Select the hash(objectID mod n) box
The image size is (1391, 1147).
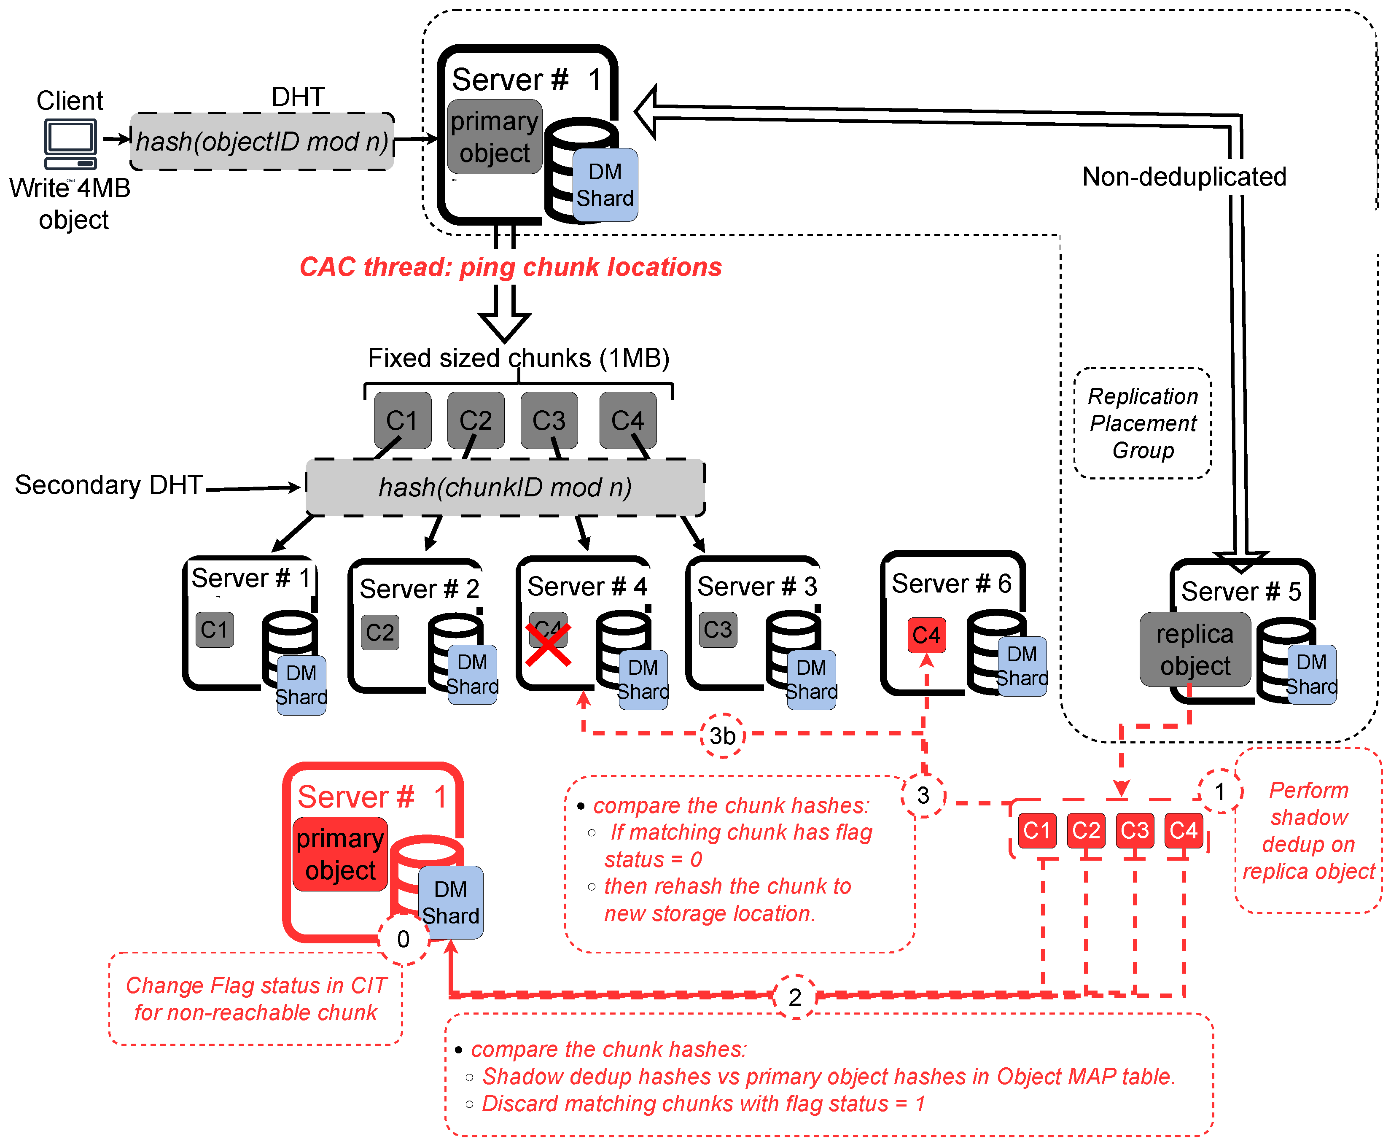click(x=262, y=141)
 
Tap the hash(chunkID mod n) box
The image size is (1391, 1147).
click(x=505, y=487)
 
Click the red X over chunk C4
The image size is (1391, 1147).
click(x=548, y=644)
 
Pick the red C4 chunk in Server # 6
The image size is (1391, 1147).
click(x=926, y=635)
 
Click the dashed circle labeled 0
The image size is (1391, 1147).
click(x=403, y=939)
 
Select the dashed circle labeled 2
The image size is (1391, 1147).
click(x=794, y=996)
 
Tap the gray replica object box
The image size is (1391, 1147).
click(x=1195, y=649)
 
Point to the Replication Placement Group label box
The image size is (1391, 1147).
click(x=1143, y=423)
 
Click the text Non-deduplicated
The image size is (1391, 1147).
click(x=1184, y=176)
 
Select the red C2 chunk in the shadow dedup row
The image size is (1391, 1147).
click(x=1085, y=830)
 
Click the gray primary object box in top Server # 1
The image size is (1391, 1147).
click(x=495, y=137)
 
